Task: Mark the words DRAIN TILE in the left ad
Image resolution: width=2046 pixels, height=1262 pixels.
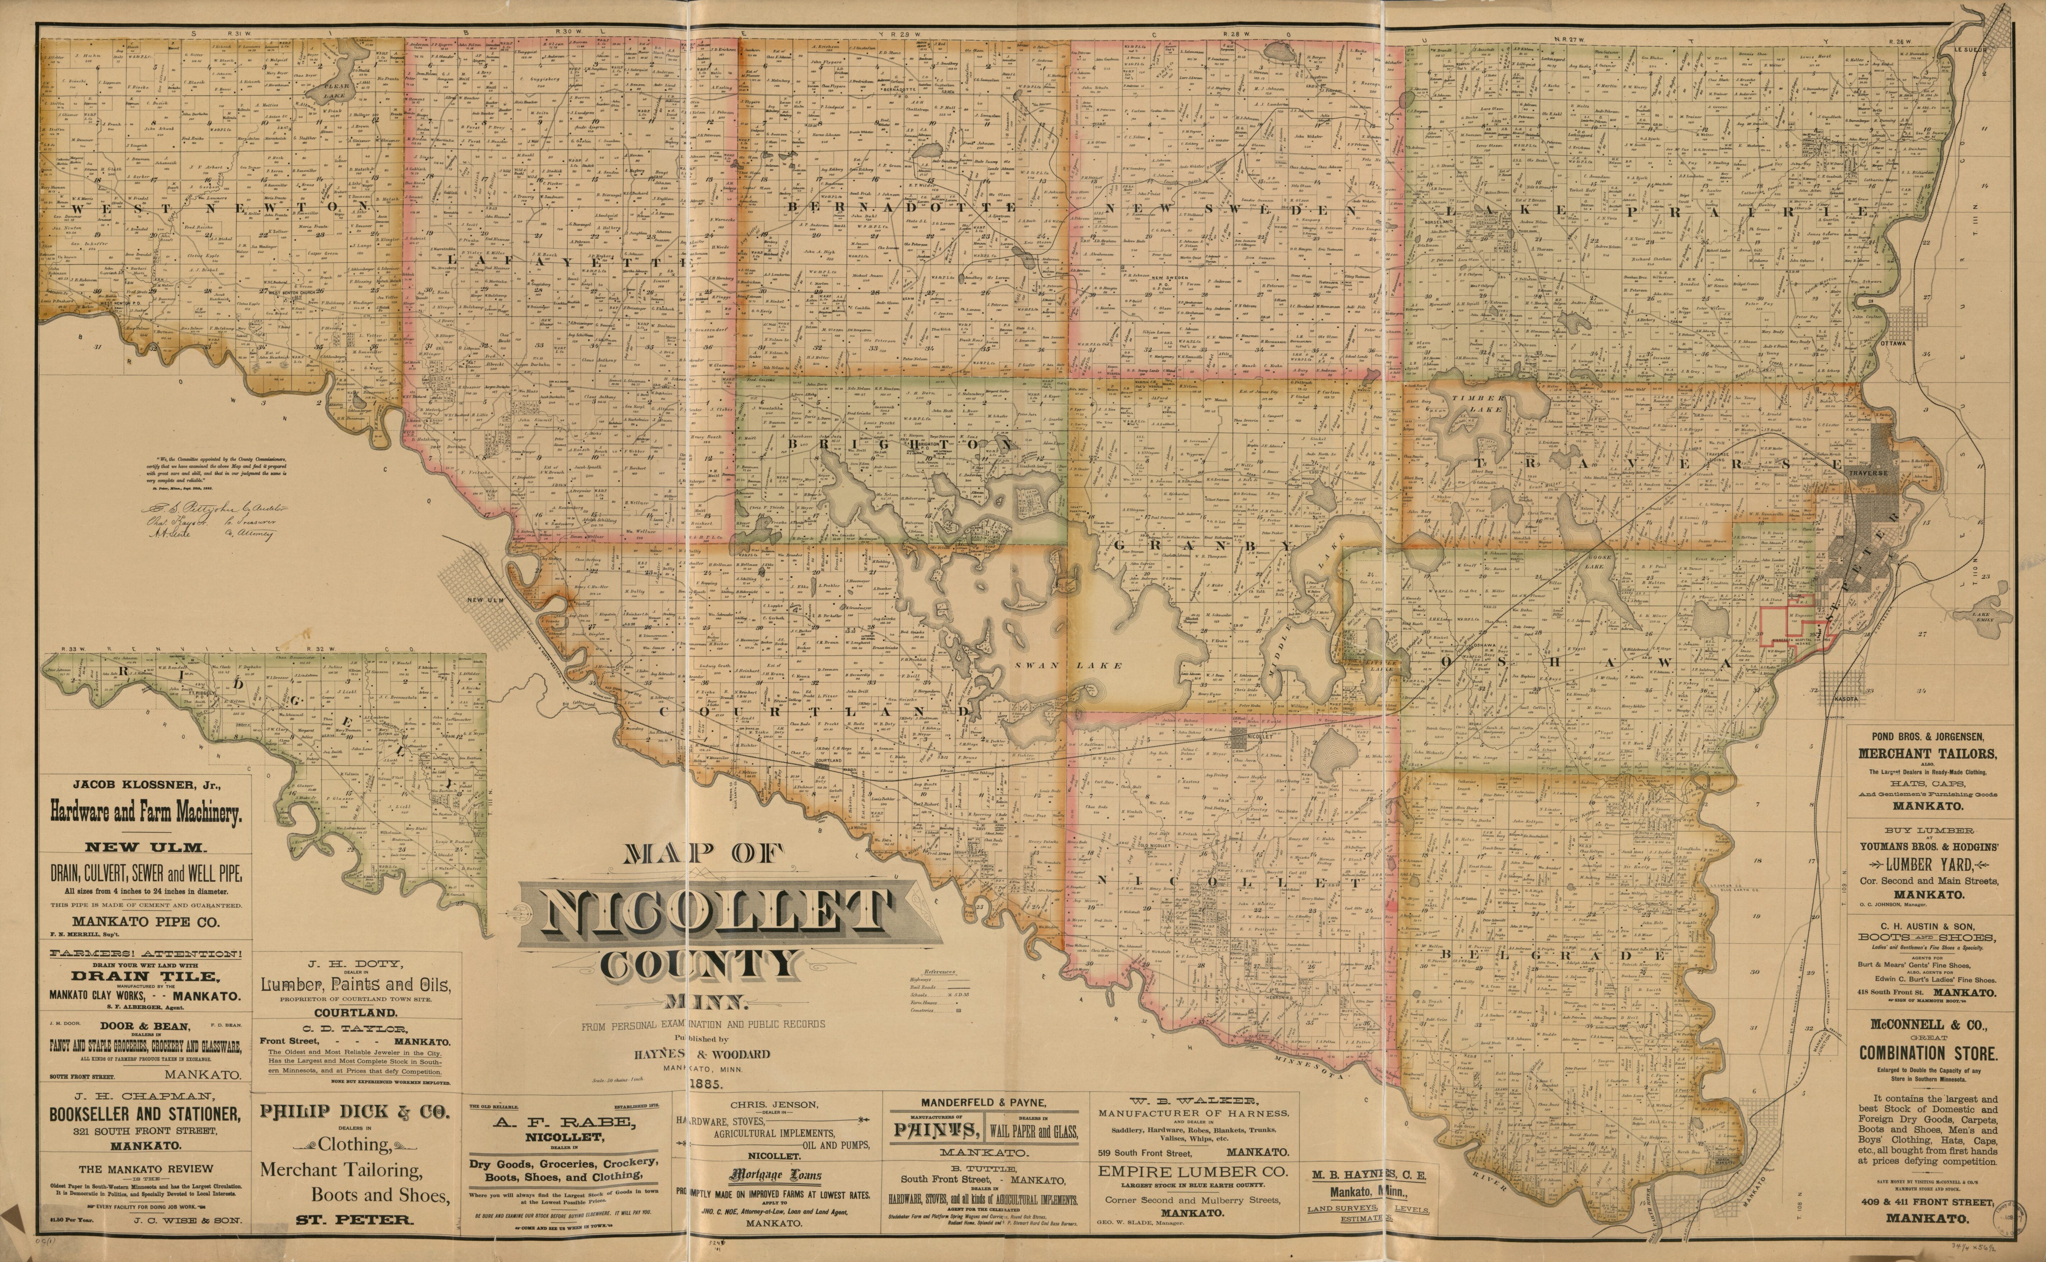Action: [145, 977]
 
